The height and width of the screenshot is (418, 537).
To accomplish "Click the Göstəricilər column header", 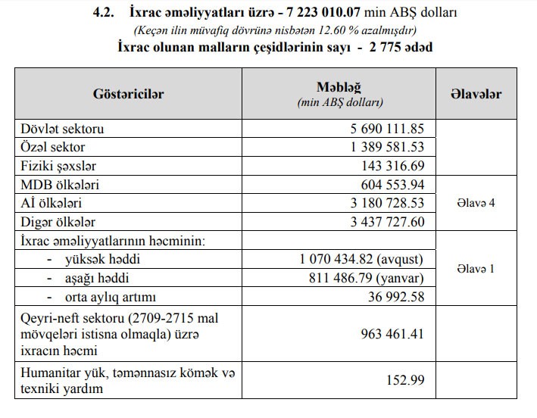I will tap(128, 94).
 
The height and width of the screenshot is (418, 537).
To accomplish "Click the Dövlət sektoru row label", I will tap(62, 129).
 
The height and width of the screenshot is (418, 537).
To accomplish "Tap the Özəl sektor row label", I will tap(54, 147).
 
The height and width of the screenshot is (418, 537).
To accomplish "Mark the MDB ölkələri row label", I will tap(62, 185).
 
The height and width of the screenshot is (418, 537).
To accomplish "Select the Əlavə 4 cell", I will tap(476, 204).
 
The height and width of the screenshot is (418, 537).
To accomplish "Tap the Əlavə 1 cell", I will tap(476, 269).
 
